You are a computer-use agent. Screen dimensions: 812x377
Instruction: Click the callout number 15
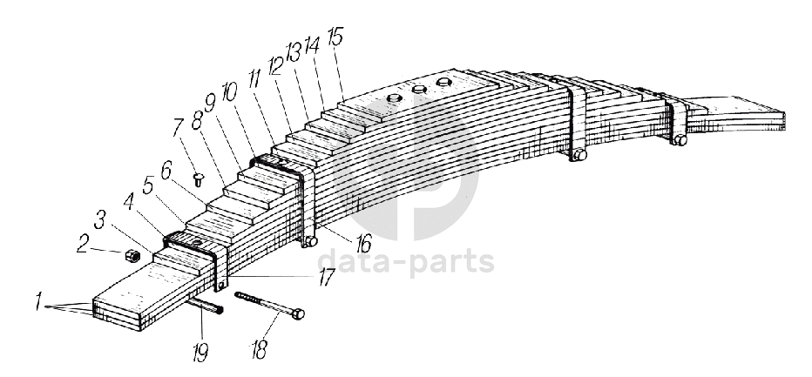[x=335, y=37]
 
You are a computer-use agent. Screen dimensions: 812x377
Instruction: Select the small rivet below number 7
[x=199, y=181]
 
